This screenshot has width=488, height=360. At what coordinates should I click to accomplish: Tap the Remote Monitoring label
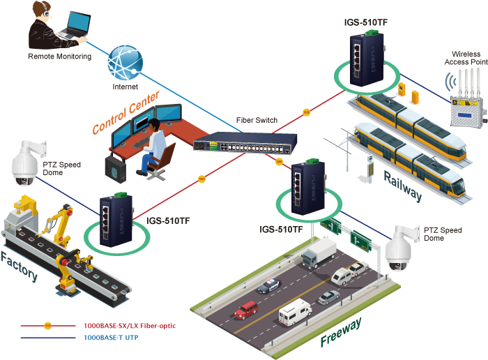(x=59, y=57)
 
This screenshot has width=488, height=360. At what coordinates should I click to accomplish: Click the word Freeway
(x=341, y=332)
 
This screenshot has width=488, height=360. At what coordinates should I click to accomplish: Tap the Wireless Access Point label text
(x=465, y=58)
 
